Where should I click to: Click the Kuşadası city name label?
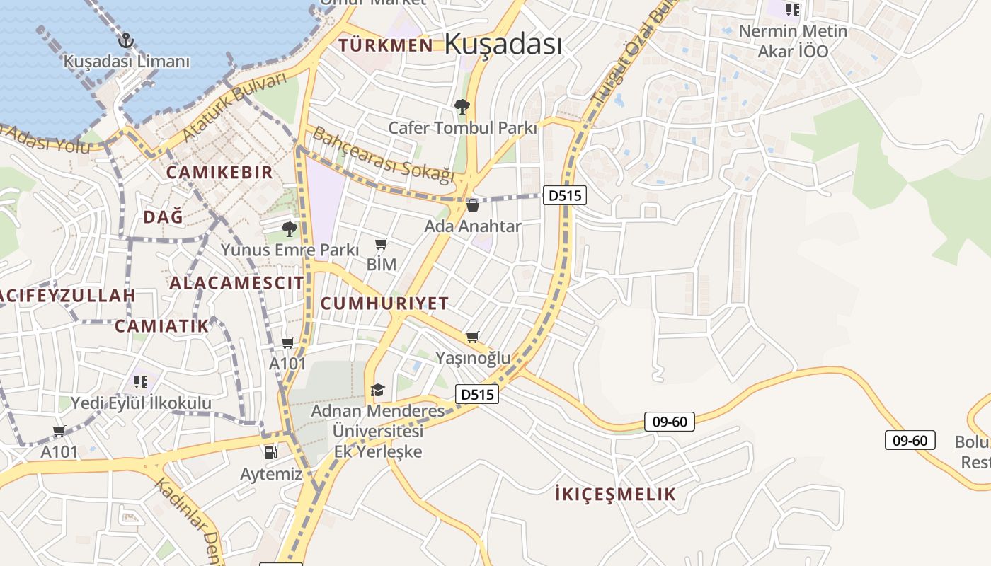point(503,44)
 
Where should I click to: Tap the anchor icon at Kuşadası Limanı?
point(126,40)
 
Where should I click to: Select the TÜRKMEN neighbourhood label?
point(386,45)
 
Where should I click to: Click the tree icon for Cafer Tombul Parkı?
point(462,107)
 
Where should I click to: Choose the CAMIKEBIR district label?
point(219,172)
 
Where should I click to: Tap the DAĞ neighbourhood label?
point(164,216)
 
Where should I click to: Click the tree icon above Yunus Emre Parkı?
point(289,229)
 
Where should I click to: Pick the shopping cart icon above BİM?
point(381,244)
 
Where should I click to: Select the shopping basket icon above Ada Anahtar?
point(473,205)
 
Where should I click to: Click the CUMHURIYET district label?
point(385,304)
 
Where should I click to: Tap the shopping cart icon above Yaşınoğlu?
point(473,337)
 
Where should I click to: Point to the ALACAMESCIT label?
point(236,283)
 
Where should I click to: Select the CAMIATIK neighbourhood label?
point(162,326)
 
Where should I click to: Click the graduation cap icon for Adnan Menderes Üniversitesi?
point(377,390)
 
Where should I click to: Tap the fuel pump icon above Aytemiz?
point(270,453)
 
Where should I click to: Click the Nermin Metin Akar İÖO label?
point(793,41)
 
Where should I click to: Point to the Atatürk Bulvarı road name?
point(234,105)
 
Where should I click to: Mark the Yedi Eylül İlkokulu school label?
point(141,403)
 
